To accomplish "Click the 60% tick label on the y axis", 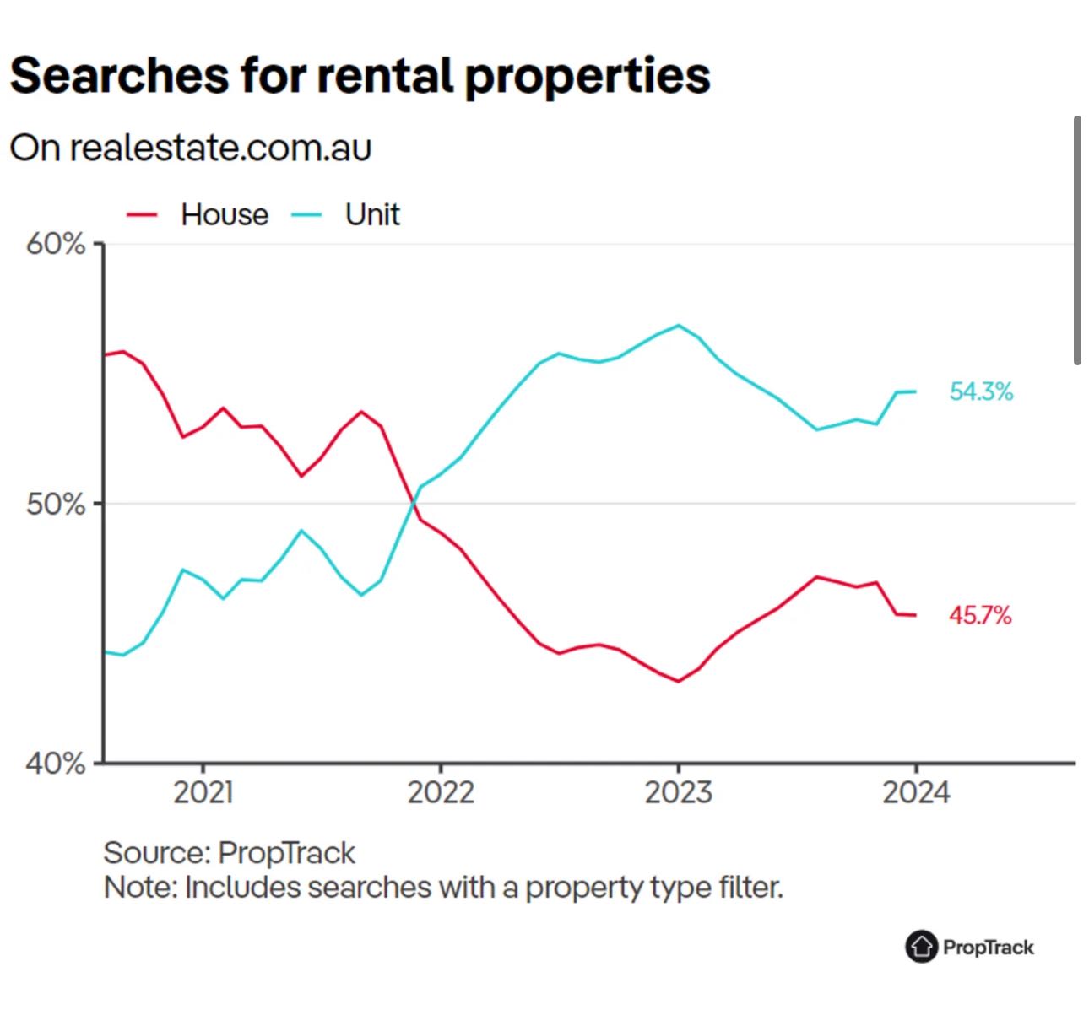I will point(56,245).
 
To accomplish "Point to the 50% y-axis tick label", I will point(56,505).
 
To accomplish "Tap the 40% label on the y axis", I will point(56,764).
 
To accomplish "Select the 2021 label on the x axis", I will point(203,792).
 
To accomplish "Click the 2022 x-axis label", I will point(441,792).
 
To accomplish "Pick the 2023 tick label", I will point(678,792).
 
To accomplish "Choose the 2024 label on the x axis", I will point(916,792).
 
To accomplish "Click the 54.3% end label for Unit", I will point(981,391).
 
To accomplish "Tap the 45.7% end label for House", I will point(980,615).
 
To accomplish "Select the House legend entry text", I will point(225,215).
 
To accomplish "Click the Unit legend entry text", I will point(372,215).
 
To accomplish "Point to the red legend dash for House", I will point(142,215).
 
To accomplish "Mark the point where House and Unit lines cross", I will point(413,504).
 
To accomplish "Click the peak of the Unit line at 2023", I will point(679,325).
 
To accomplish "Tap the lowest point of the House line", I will point(679,681).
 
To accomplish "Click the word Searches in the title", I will point(119,75).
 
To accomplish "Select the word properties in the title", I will point(588,77).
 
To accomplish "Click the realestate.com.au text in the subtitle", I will point(220,148).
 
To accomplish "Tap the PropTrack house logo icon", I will point(921,947).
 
